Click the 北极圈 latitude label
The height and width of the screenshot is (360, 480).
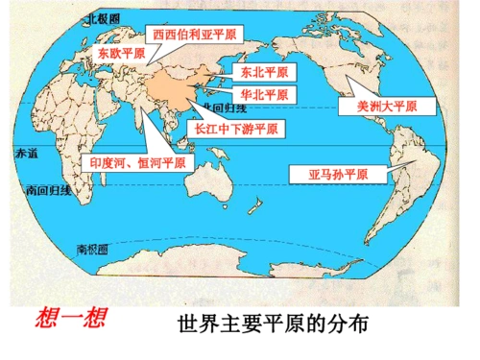tap(97, 19)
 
